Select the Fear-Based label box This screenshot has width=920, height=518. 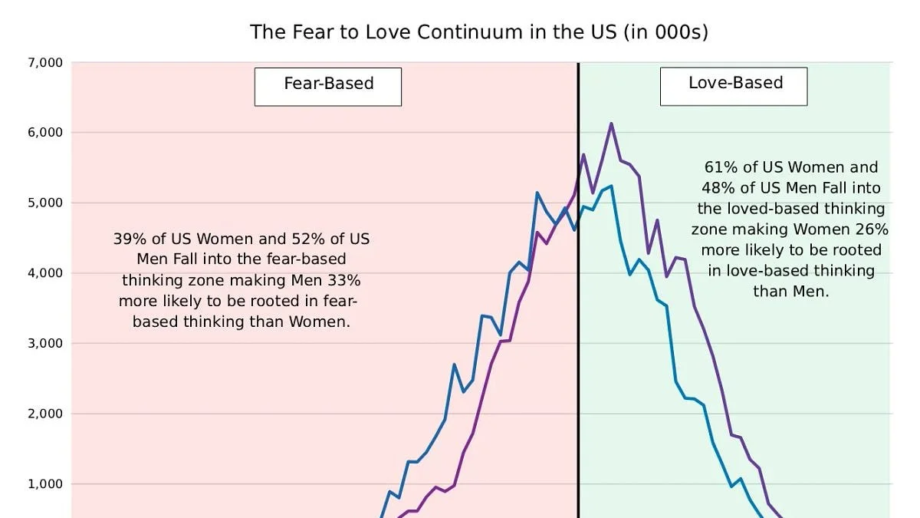(x=328, y=86)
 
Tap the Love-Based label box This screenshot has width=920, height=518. (x=734, y=86)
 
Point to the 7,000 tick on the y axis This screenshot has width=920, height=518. (x=45, y=62)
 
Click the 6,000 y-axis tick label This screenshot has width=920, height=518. (x=45, y=133)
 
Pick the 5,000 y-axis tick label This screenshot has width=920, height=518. (x=45, y=203)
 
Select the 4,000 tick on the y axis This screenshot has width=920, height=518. (x=45, y=273)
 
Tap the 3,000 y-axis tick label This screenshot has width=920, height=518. (x=45, y=343)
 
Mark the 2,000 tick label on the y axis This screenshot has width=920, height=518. (x=45, y=414)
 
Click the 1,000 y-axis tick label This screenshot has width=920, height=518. (x=45, y=484)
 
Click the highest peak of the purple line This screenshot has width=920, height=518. (x=611, y=123)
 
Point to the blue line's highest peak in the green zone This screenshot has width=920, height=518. (x=611, y=186)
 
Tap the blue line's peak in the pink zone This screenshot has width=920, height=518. (x=537, y=193)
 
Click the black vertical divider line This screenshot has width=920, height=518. (x=578, y=307)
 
